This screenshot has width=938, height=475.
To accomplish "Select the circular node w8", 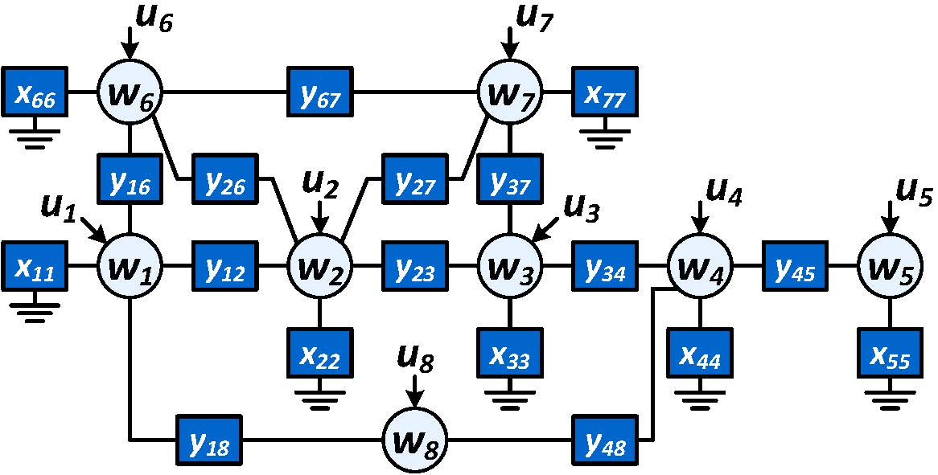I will tap(415, 440).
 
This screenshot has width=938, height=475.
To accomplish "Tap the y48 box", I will tap(605, 440).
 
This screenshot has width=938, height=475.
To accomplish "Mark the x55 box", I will tap(890, 352).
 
